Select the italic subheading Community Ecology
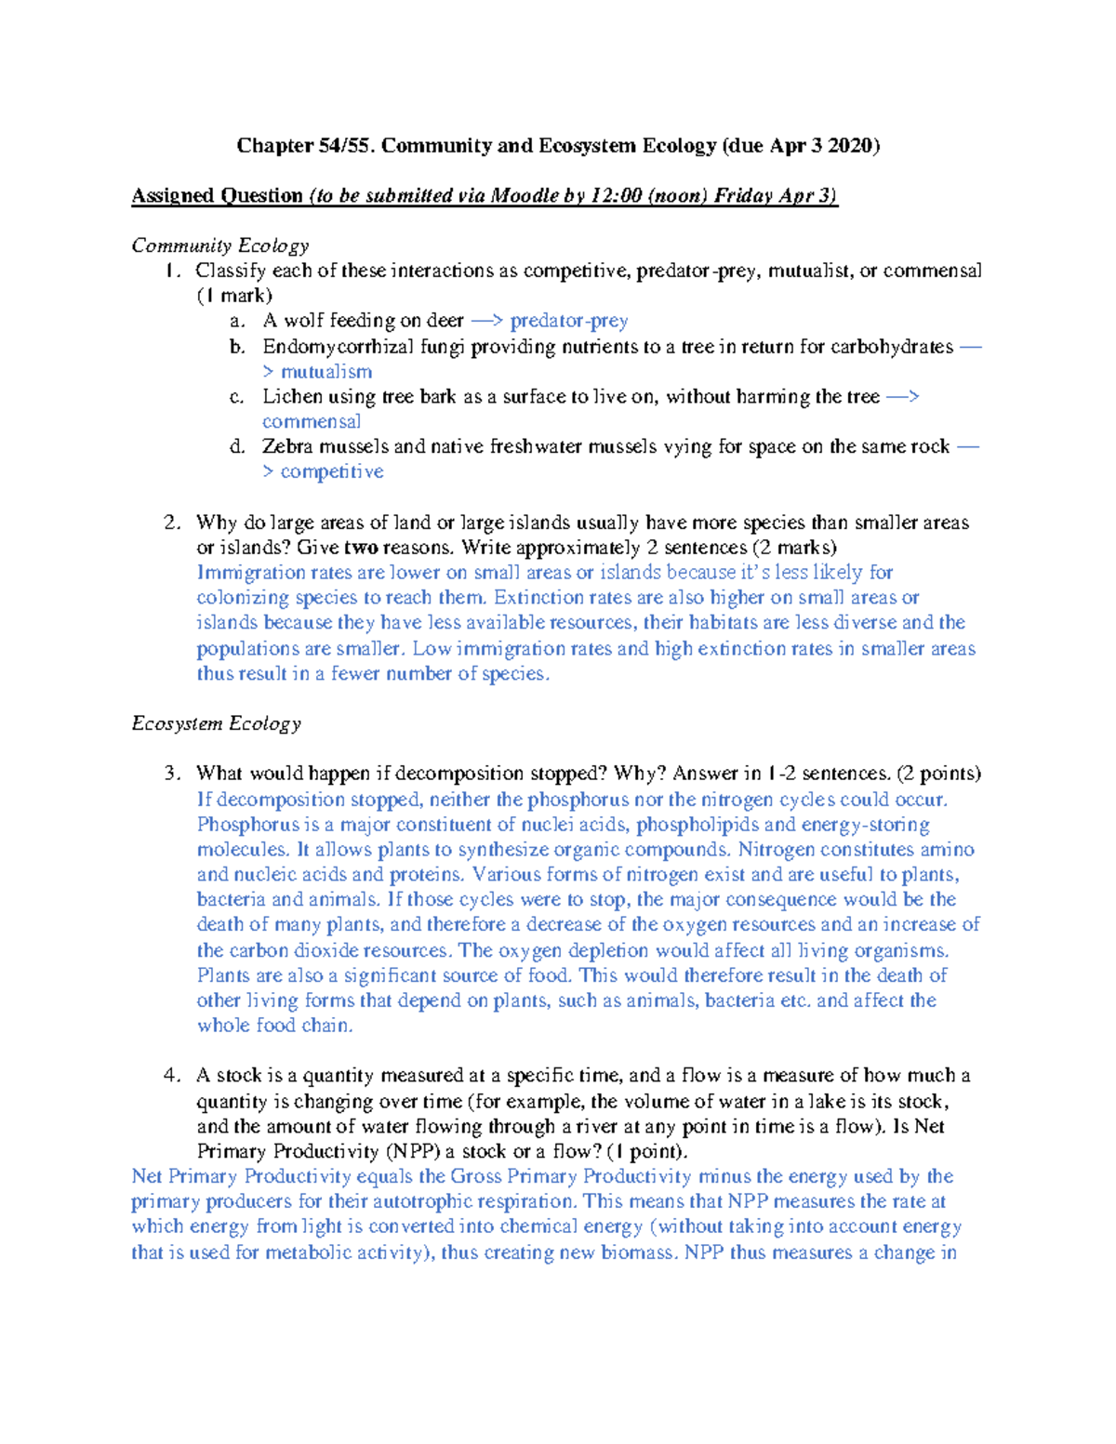pos(220,245)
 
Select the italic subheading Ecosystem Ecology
pos(217,723)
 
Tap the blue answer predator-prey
pos(569,321)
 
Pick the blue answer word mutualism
pos(326,372)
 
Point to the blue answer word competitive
pos(332,472)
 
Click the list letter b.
pos(237,347)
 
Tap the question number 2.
pos(171,523)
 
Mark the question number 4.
pos(171,1076)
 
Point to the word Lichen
pos(292,397)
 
